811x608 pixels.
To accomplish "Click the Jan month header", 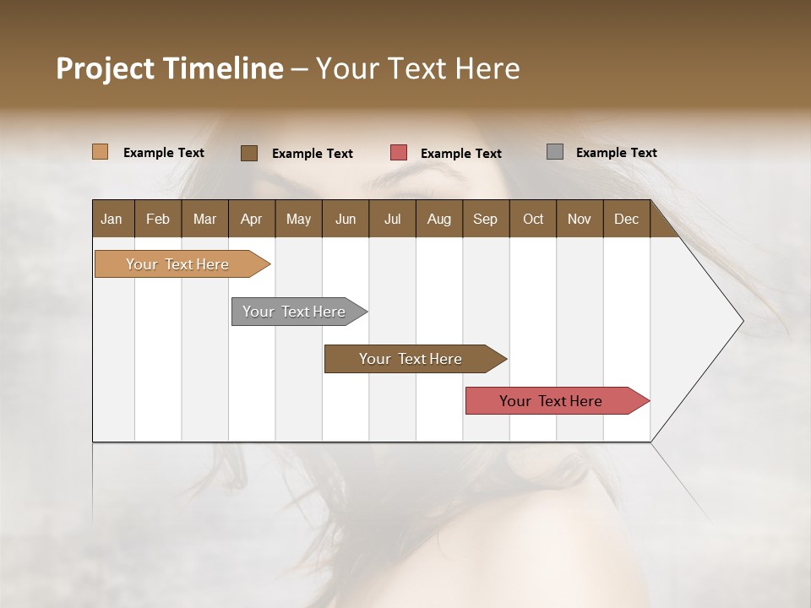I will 112,219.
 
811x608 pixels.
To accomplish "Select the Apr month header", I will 252,219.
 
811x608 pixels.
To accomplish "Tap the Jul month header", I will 392,219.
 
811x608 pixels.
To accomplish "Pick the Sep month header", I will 486,219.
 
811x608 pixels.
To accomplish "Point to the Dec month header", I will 626,219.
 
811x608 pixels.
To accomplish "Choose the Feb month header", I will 158,219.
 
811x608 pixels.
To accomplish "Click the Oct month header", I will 533,219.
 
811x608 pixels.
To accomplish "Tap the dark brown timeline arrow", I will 411,359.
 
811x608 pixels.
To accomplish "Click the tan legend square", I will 101,152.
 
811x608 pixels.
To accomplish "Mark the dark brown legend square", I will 249,153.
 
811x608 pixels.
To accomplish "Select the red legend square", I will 399,153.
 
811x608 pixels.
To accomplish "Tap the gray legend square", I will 555,152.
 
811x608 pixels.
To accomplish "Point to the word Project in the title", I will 105,68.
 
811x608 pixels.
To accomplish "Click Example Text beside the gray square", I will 616,152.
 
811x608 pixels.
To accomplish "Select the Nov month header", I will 580,219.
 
